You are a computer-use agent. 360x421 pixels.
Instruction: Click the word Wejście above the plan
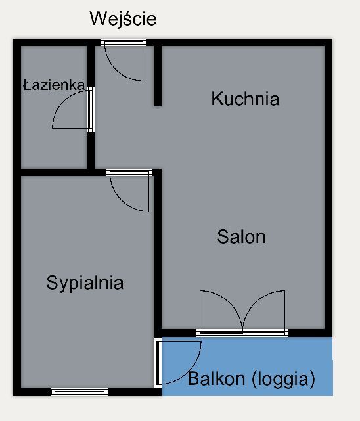tap(124, 18)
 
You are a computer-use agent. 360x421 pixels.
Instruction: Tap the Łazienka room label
tap(54, 85)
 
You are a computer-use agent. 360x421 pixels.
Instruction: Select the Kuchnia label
tap(245, 99)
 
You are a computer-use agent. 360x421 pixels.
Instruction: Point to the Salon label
tap(241, 237)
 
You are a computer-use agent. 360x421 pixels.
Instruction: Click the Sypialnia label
tap(85, 283)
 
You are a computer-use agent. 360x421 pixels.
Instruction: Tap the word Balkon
tap(216, 378)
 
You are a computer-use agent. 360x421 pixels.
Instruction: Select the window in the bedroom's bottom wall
tap(79, 392)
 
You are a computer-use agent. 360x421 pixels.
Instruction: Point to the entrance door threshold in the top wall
tap(124, 43)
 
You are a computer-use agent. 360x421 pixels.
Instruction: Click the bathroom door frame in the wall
tap(91, 109)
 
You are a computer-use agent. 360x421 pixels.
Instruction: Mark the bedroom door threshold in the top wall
tap(129, 172)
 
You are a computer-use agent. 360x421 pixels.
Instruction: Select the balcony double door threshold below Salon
tap(242, 333)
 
